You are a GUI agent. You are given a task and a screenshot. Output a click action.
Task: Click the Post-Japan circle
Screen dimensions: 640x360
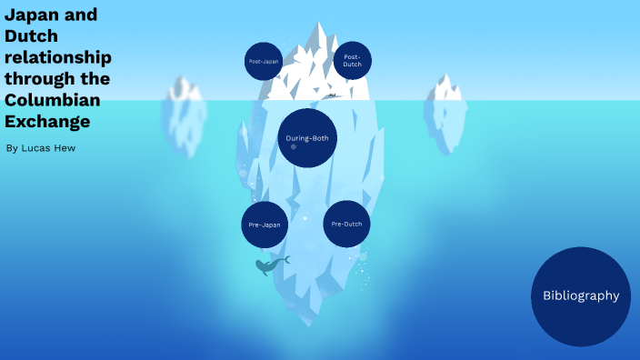click(x=264, y=61)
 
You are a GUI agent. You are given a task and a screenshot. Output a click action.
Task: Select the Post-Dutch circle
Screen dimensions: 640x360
click(x=352, y=61)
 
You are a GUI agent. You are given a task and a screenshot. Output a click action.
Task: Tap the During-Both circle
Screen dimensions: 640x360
click(x=307, y=138)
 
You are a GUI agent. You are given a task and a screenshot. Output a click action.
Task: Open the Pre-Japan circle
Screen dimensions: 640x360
click(x=265, y=225)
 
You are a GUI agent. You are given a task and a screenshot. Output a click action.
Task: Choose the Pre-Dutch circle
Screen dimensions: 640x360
click(x=347, y=224)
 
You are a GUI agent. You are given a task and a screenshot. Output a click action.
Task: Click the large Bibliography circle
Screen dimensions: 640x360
click(x=581, y=295)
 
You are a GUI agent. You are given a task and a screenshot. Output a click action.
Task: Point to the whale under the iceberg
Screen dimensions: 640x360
click(x=269, y=265)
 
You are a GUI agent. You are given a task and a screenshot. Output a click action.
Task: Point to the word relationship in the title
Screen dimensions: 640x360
click(x=56, y=57)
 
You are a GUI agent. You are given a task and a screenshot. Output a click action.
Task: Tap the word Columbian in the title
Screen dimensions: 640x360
click(x=52, y=99)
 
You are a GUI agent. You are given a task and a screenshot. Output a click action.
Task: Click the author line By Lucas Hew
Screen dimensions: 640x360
click(x=40, y=147)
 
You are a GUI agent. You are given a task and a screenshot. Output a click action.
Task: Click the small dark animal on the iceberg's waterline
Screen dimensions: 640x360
click(x=333, y=95)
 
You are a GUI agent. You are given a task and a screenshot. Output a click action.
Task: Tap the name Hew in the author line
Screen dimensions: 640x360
click(x=65, y=147)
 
